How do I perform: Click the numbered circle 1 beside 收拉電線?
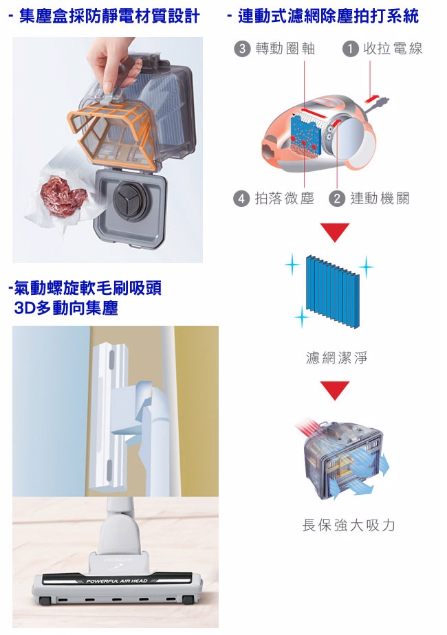click(x=350, y=49)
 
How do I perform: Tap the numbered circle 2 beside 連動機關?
click(x=337, y=199)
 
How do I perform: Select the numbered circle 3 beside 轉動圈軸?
click(x=242, y=49)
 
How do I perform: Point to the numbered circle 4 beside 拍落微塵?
click(x=241, y=199)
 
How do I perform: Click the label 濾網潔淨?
click(x=336, y=357)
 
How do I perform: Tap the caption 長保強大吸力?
click(x=349, y=525)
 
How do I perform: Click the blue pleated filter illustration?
click(x=332, y=291)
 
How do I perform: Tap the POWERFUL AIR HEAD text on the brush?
click(x=117, y=581)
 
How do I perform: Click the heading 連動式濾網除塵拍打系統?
click(x=324, y=17)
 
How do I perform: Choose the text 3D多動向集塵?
click(x=65, y=308)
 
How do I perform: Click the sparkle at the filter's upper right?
click(x=366, y=267)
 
